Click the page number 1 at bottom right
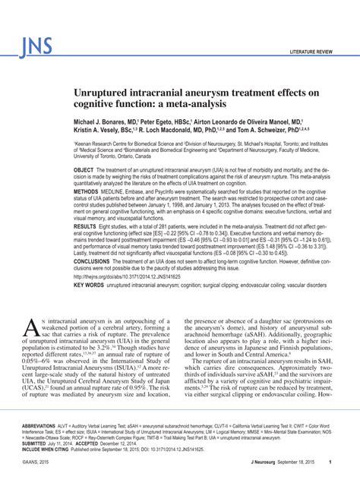click(350, 483)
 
